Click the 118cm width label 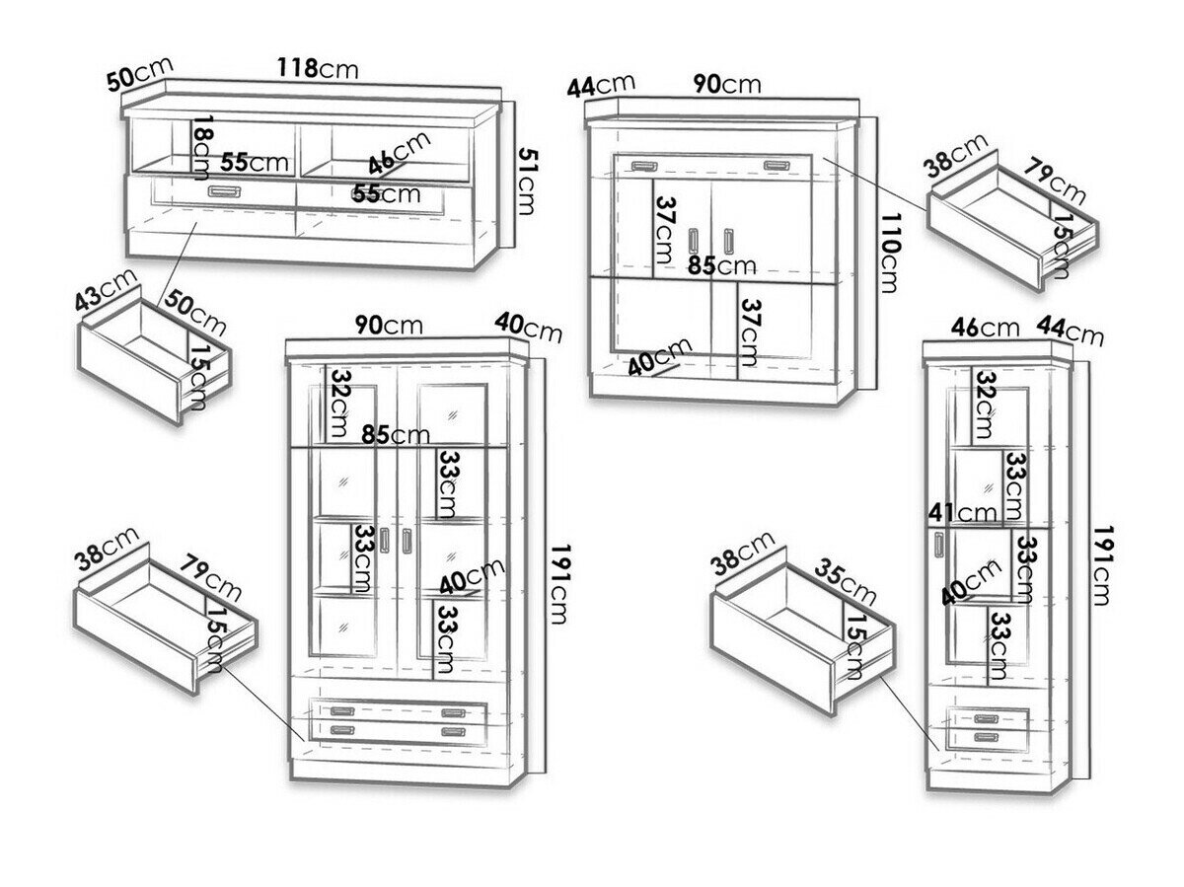pos(318,68)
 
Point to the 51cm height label pos(527,182)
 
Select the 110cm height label pos(887,253)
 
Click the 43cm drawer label pos(107,290)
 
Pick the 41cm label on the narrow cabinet pos(962,512)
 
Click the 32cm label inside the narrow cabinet pos(984,405)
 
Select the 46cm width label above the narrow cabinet pos(985,328)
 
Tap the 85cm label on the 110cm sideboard pos(721,265)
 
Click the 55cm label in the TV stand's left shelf pos(255,162)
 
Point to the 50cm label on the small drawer pos(194,312)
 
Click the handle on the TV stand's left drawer pos(222,190)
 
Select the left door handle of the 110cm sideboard pos(694,241)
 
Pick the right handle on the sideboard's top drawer pos(777,166)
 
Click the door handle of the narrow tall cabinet pos(939,546)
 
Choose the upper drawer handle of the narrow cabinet pos(986,718)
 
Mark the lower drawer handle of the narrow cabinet pos(986,737)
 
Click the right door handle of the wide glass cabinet pos(407,541)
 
